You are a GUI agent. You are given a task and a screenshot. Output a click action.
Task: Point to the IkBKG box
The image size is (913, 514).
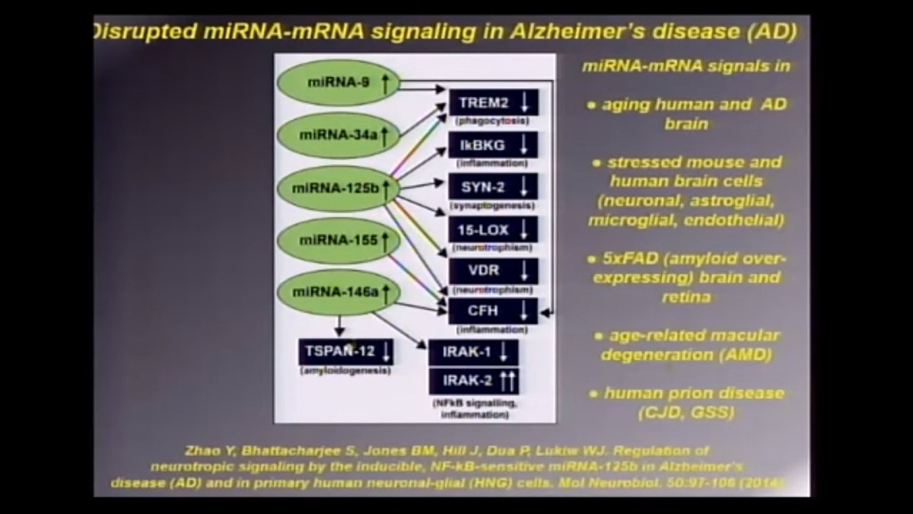pos(493,145)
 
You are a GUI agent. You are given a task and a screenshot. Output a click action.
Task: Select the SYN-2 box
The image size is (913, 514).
pos(493,187)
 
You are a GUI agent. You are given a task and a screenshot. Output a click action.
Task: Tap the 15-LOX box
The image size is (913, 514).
pos(493,229)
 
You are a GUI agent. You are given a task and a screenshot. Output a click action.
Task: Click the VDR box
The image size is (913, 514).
pos(493,271)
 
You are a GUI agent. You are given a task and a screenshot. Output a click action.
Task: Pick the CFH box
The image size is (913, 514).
pos(493,311)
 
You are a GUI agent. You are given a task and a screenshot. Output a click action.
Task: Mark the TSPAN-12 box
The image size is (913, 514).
pos(346,351)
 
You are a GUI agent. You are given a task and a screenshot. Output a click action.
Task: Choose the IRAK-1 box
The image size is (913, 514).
pos(473,353)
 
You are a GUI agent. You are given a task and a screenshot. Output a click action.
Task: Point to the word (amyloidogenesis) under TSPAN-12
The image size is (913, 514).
pos(346,370)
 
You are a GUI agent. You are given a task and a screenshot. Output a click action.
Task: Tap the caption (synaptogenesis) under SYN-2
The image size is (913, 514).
pos(492,206)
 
